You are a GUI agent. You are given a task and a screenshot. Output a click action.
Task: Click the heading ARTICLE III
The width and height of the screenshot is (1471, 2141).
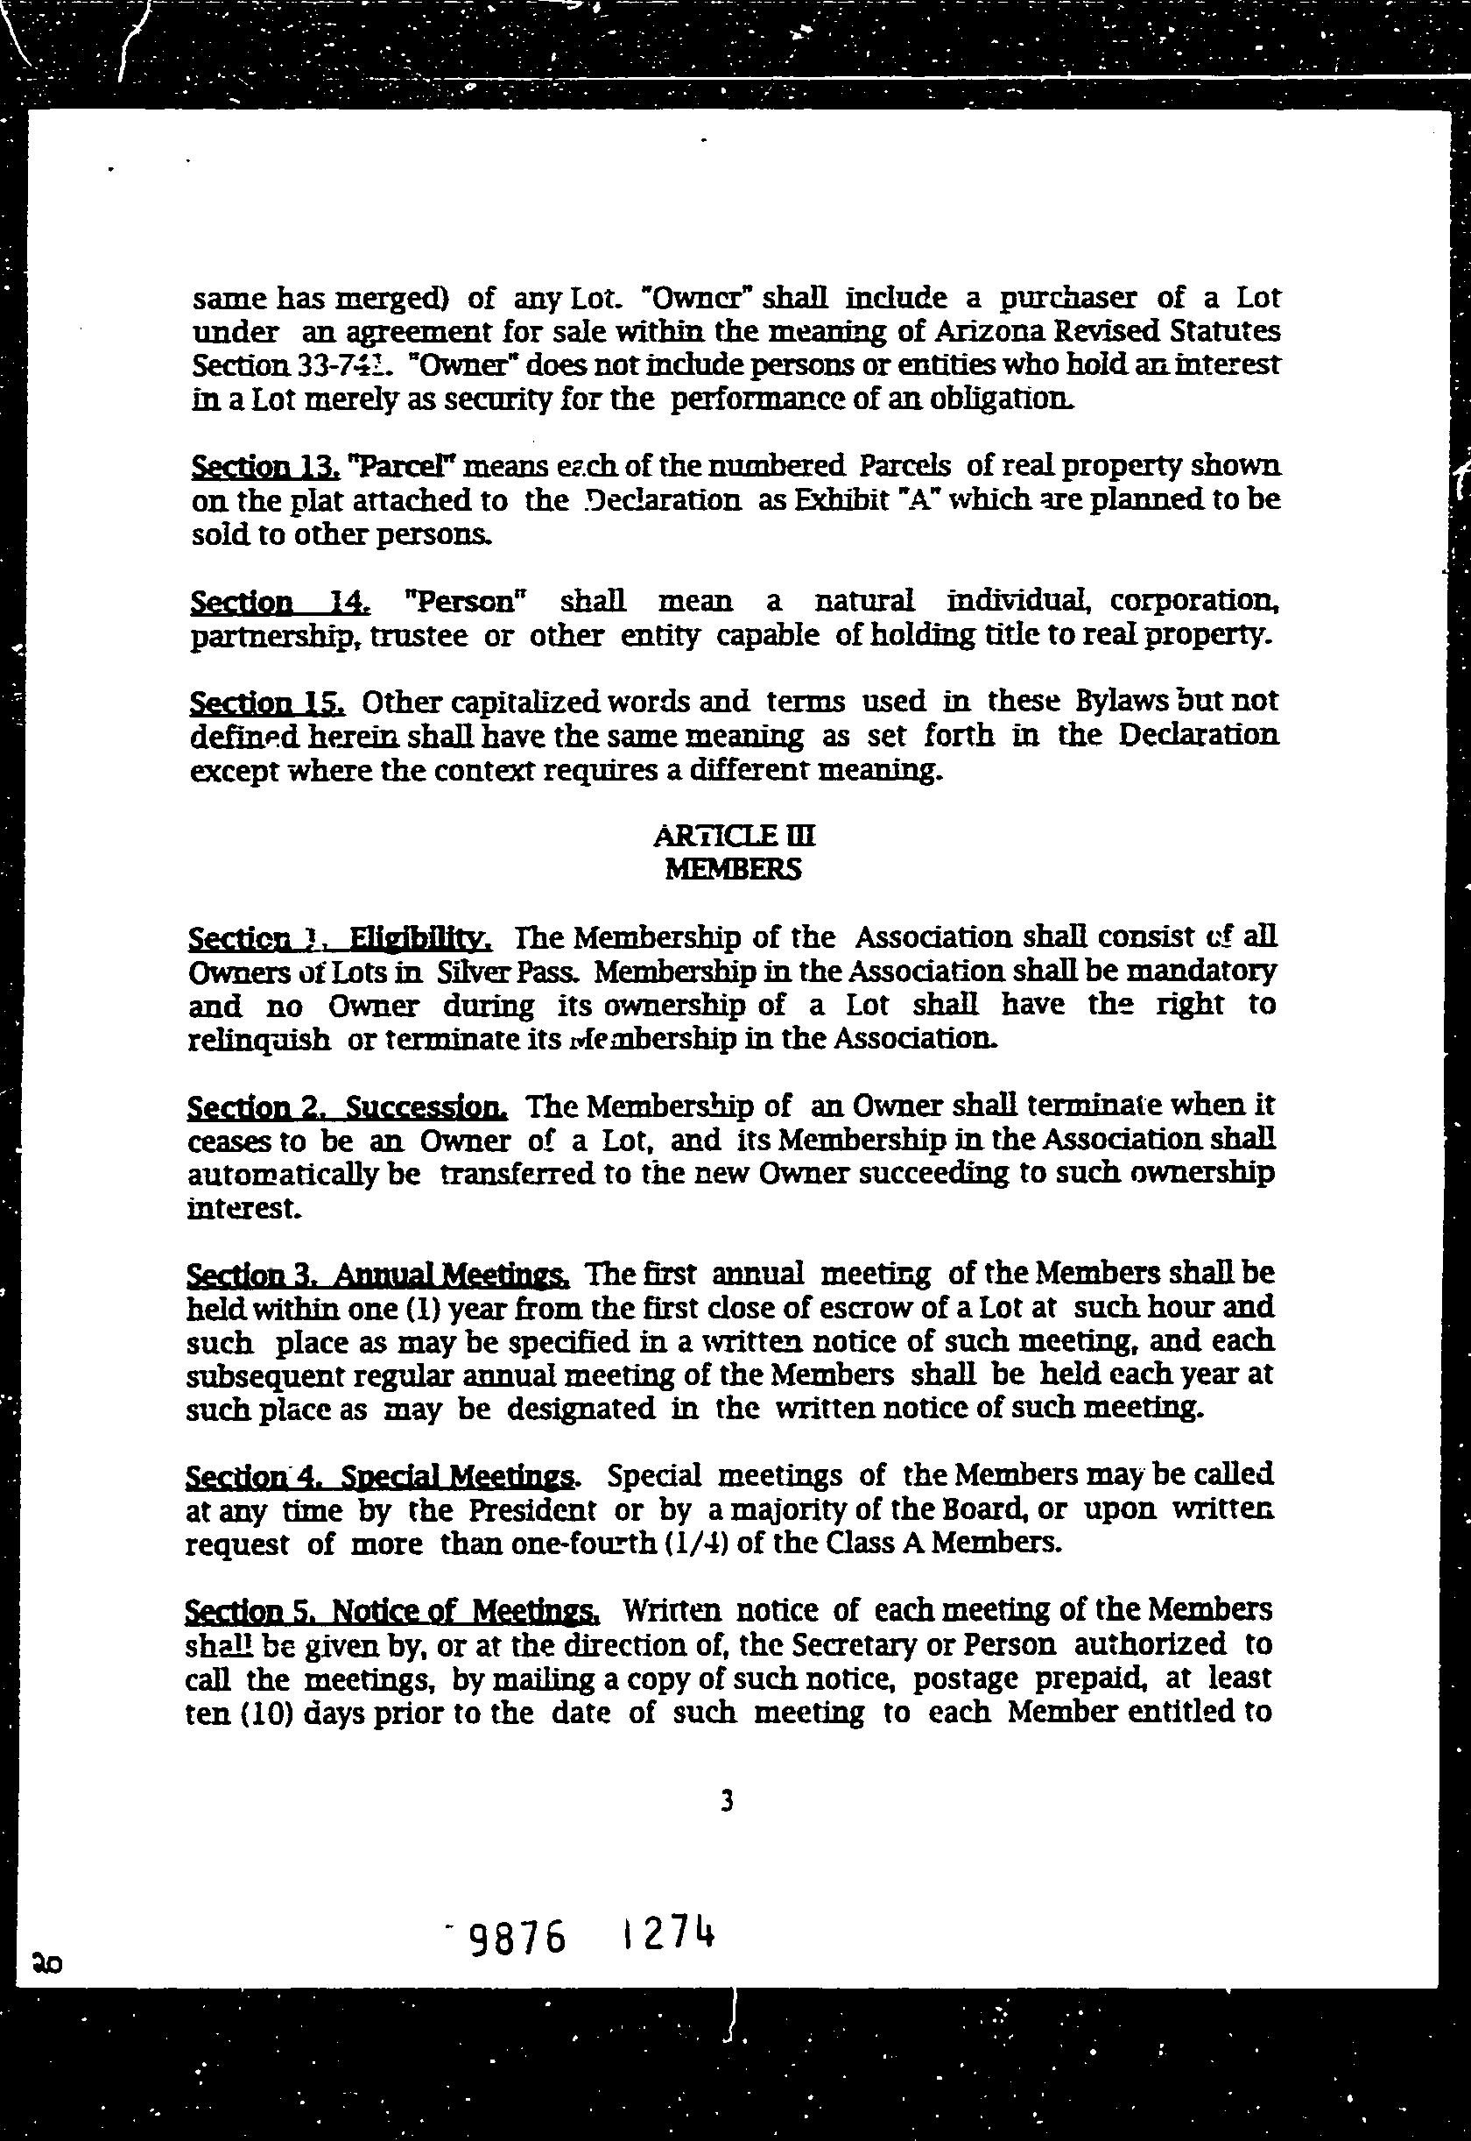click(x=734, y=836)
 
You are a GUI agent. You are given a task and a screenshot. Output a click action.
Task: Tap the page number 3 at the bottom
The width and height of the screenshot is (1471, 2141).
click(x=728, y=1800)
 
